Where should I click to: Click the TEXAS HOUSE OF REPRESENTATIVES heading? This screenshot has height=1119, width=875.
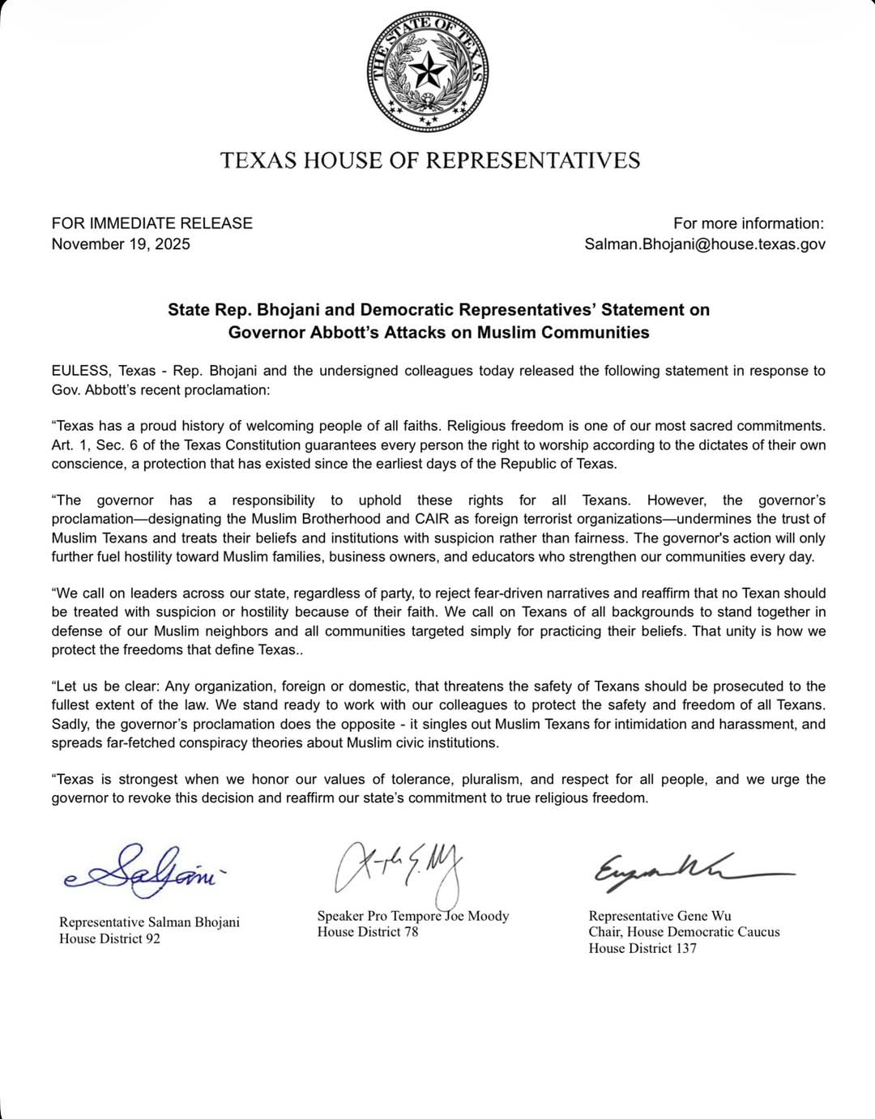point(430,160)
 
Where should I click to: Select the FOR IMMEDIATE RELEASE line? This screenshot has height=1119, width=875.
point(152,223)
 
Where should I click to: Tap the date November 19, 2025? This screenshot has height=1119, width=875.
point(121,245)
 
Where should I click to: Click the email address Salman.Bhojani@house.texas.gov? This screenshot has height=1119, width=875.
point(705,245)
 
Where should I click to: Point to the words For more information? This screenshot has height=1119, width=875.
point(748,223)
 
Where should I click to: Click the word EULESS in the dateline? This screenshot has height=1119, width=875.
point(79,371)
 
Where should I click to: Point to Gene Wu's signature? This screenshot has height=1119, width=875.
point(689,870)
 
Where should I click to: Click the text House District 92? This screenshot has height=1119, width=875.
point(109,939)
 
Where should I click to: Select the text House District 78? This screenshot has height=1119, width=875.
point(368,932)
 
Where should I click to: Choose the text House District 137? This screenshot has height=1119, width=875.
point(642,948)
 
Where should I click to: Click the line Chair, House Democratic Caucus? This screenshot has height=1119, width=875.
point(684,932)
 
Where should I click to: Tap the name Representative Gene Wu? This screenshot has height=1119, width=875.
point(659,916)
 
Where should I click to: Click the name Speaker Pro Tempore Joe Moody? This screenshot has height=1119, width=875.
point(413,916)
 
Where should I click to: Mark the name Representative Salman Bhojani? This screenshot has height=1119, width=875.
point(149,922)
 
